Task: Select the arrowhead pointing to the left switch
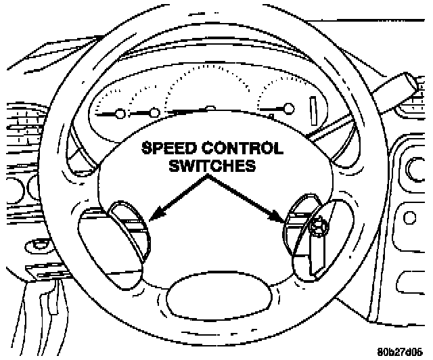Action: point(152,217)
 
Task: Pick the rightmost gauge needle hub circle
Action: point(290,108)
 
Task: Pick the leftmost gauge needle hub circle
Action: point(120,112)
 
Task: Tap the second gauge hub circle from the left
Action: point(154,112)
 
